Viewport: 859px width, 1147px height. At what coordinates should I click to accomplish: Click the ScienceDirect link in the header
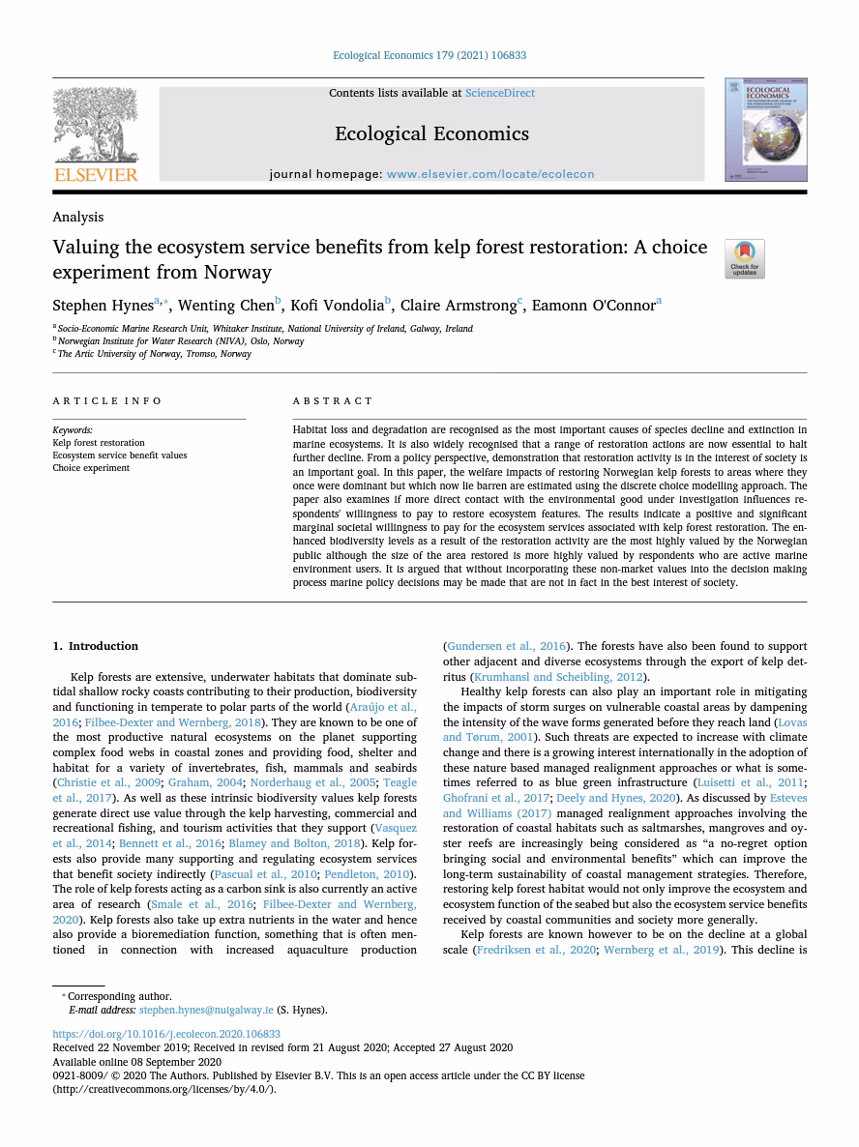coord(499,93)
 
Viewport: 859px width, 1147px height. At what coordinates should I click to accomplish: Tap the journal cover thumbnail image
coord(765,131)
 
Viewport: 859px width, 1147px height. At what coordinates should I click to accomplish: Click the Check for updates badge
coord(744,258)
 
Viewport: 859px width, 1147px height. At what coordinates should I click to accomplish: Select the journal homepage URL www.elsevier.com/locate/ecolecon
coord(489,174)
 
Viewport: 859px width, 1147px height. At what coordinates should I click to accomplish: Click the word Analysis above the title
coord(78,217)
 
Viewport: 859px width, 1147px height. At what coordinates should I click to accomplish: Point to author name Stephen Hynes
coord(103,306)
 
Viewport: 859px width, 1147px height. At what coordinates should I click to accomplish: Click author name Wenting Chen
coord(225,306)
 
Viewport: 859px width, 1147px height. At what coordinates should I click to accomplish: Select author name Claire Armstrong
coord(459,306)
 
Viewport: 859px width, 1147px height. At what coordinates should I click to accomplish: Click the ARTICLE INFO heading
coord(107,400)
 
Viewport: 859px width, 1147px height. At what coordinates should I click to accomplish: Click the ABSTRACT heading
coord(332,400)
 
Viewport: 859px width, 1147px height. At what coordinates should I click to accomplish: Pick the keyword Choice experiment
coord(91,468)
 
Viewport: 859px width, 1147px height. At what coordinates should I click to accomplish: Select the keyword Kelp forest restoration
coord(99,443)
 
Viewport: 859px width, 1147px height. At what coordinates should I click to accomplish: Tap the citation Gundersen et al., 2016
coord(506,646)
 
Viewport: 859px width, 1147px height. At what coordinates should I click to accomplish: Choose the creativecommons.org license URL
coord(163,1089)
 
